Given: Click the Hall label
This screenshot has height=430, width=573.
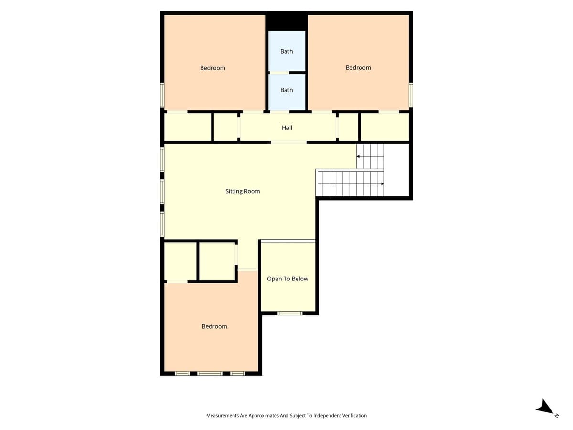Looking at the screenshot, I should click(x=287, y=128).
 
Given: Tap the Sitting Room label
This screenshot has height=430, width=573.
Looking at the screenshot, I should click(x=243, y=191).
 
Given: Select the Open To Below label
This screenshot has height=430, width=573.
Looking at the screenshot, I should click(x=287, y=279).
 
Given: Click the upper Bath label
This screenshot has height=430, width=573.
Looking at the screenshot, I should click(x=286, y=51).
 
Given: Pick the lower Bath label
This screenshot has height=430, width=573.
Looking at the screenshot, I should click(x=286, y=90).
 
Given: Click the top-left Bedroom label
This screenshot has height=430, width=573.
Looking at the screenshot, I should click(x=212, y=68).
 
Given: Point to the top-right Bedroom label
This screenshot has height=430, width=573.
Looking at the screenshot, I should click(x=358, y=68).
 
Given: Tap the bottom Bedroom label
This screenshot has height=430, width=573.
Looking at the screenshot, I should click(x=214, y=326).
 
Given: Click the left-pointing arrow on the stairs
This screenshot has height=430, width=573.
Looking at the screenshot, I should click(x=358, y=156).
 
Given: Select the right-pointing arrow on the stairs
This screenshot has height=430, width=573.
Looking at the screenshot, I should click(x=382, y=184).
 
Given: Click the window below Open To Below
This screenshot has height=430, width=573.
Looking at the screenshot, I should click(x=290, y=313).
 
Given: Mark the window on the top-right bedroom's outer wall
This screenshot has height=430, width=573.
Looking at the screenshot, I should click(x=411, y=95).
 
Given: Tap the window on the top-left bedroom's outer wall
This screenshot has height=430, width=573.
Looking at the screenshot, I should click(x=162, y=95).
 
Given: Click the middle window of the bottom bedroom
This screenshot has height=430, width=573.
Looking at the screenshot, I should click(x=210, y=373).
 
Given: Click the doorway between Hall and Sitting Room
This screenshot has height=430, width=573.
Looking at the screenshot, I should click(x=288, y=142).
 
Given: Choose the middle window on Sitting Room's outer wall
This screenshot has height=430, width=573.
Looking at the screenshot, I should click(x=162, y=191).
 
